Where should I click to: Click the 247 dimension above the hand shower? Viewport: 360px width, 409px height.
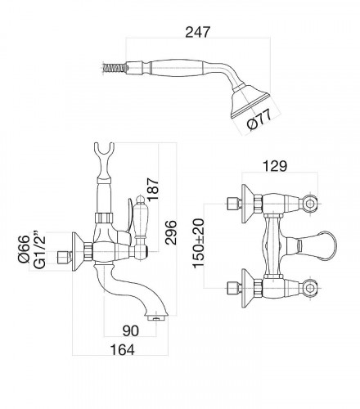[198, 32]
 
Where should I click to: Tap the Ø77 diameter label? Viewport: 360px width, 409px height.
[259, 119]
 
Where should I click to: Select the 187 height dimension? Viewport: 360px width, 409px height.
[154, 189]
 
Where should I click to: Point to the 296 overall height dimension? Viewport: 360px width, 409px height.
[171, 232]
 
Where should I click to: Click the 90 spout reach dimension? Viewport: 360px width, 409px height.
[131, 330]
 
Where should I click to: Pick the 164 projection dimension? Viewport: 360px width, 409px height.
[122, 350]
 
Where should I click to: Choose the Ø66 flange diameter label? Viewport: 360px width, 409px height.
[24, 249]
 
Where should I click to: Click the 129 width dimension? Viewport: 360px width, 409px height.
[275, 166]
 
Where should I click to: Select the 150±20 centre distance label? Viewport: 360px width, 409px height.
[199, 244]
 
